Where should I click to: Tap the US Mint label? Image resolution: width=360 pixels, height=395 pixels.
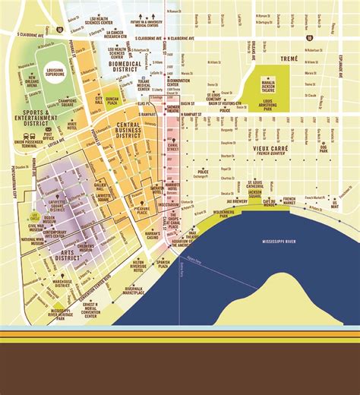(335, 203)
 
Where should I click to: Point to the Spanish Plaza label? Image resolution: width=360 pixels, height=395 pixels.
(162, 264)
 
